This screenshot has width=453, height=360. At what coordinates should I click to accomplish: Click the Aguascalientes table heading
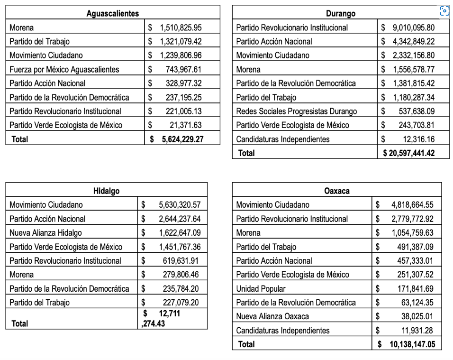(113, 13)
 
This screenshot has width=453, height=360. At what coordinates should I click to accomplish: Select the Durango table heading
(341, 13)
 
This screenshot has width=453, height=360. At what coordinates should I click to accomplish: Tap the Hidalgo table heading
(107, 191)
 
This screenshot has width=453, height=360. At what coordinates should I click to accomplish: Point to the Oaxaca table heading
(337, 191)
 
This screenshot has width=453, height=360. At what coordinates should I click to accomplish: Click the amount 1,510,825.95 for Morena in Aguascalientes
(181, 28)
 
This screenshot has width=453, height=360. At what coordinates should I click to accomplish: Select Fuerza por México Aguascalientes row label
(64, 69)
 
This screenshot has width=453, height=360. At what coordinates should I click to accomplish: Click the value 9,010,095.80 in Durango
(413, 28)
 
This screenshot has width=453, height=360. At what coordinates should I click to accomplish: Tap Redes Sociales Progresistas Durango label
(297, 111)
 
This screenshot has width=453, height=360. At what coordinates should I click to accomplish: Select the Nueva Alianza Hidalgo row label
(45, 233)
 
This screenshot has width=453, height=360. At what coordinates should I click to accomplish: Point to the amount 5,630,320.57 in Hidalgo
(179, 205)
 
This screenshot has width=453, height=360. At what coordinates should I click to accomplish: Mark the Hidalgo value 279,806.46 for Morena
(182, 275)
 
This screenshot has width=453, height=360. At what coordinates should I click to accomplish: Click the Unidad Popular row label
(261, 288)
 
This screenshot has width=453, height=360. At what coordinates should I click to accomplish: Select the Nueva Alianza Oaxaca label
(272, 316)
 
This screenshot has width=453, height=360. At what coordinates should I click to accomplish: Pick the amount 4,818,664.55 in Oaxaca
(412, 205)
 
